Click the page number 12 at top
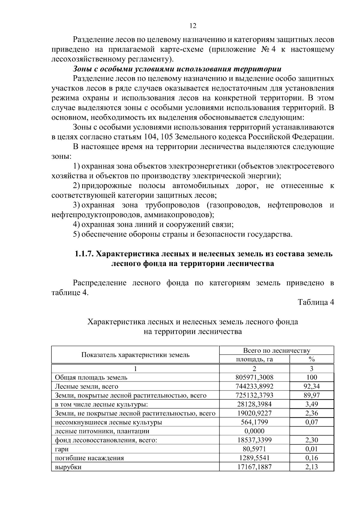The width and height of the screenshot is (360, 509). (193, 25)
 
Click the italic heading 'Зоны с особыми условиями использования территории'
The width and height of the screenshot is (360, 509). (177, 69)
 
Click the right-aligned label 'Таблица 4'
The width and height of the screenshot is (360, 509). (316, 302)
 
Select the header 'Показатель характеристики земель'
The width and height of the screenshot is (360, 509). (135, 355)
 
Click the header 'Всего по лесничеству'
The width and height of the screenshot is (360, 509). (276, 351)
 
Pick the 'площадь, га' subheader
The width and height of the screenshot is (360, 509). (254, 359)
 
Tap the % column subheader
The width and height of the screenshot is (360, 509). (311, 359)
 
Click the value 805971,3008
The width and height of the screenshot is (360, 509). (254, 377)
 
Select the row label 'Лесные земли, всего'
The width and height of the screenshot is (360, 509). (86, 386)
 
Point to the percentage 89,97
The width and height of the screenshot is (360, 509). (311, 395)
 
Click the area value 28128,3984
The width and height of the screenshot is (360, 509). (254, 404)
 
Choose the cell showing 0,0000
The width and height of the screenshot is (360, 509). (254, 431)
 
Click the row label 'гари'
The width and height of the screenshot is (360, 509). (61, 449)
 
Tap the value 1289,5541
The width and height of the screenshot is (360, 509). (254, 458)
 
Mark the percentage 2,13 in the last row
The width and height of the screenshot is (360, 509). (311, 467)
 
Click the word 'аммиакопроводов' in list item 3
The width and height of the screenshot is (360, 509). (177, 215)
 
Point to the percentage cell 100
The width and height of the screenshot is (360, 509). (311, 377)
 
